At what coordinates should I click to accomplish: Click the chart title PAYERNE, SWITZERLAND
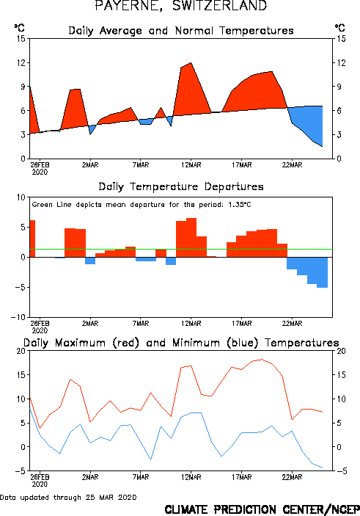tap(181, 6)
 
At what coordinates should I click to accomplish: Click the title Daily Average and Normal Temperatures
tap(181, 31)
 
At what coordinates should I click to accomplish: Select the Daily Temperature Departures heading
tap(181, 186)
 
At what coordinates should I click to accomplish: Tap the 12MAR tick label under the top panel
tap(191, 165)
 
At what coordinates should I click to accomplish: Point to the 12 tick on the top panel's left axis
tap(21, 62)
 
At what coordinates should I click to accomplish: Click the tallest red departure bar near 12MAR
tap(191, 237)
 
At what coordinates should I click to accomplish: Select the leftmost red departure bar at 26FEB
tap(32, 239)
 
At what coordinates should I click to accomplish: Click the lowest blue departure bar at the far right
tap(322, 272)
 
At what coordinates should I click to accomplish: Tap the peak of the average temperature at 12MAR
tap(191, 62)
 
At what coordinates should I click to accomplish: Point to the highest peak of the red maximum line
tap(262, 360)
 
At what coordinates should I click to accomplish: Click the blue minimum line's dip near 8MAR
tap(150, 459)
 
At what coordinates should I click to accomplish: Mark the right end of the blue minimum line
tap(323, 468)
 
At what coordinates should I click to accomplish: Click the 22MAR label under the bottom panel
tap(292, 477)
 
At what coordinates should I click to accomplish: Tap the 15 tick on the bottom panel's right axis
tap(341, 375)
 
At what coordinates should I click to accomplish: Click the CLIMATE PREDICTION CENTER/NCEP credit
tap(262, 509)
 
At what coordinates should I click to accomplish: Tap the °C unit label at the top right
tap(340, 28)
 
